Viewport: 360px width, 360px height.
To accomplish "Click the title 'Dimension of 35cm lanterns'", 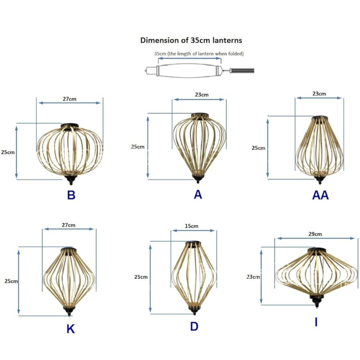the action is coord(191,40).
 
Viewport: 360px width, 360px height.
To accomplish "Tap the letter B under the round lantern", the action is coord(71,195).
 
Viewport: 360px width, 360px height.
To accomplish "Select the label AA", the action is coord(320,195).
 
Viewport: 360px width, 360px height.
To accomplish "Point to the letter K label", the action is coord(70,329).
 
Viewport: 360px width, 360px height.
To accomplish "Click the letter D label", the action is coord(194,327).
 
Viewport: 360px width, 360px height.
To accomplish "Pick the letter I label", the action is coord(316,322).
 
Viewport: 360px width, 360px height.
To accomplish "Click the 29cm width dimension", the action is coord(315,234).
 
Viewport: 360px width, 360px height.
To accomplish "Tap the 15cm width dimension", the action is coord(192,226).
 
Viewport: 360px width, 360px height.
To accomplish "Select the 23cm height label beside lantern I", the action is coord(253,277).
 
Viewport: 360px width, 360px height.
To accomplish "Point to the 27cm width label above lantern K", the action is coord(68,225).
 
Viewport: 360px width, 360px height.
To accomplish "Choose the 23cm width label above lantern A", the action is coord(201,95).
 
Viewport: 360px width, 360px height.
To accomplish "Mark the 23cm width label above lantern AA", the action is coord(319,94).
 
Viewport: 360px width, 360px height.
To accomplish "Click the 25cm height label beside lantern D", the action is coord(141,277).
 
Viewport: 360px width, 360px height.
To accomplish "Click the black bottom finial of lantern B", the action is coord(70,180).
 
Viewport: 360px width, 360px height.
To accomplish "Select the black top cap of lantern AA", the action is coord(319,118).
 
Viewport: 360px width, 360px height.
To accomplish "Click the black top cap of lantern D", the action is coord(193,243).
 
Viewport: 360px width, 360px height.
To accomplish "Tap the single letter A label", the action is coord(198,194).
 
